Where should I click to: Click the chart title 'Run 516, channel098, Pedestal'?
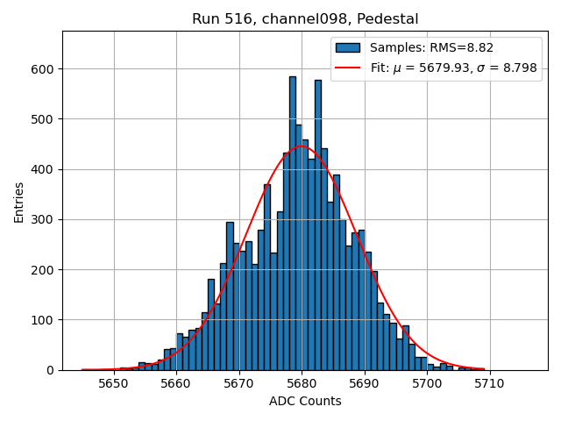coord(305,18)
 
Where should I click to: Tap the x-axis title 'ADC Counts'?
coord(305,402)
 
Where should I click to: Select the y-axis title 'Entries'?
coord(19,201)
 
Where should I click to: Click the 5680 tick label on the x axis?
coord(302,383)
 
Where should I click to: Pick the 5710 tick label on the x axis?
coord(489,383)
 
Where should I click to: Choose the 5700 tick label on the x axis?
coord(427,383)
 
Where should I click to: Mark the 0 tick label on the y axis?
coord(51,370)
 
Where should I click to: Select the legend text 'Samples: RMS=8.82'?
coord(422,47)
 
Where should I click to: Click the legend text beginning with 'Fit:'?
coord(453,68)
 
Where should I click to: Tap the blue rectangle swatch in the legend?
coord(348,47)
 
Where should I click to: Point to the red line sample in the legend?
coord(348,68)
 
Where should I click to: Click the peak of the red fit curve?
coord(302,146)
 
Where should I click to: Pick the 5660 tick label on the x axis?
coord(176,383)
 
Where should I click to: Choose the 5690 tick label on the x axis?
coord(364,383)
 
